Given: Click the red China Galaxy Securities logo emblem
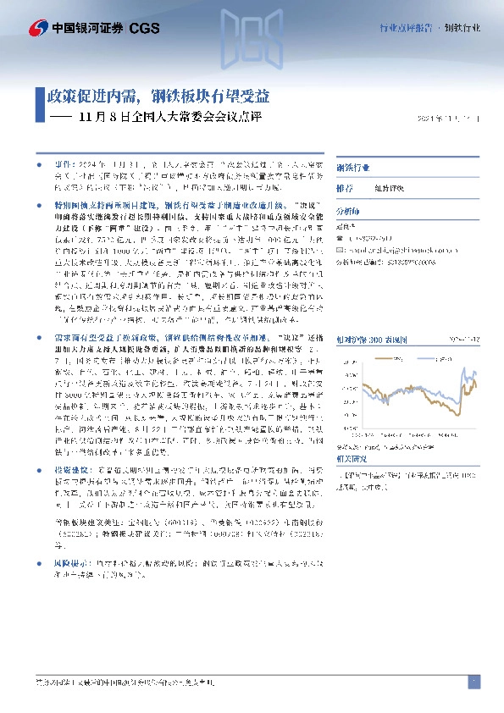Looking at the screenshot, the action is (37, 29).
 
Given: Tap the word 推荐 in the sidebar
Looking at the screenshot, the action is (345, 189).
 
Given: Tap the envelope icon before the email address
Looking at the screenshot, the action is (340, 251).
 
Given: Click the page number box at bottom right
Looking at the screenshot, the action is (473, 683).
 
